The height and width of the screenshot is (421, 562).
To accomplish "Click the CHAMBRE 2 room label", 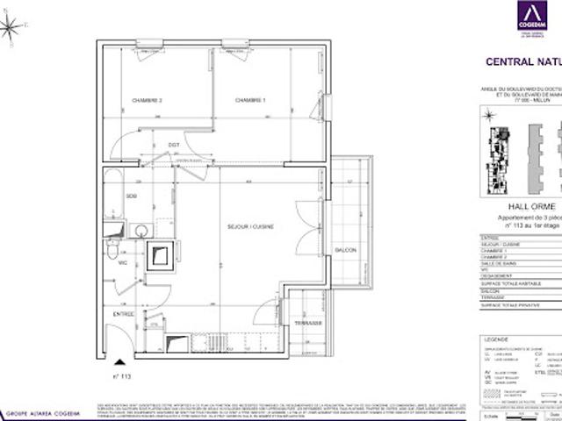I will click(x=148, y=101).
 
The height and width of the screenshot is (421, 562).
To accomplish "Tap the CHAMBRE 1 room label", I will click(x=250, y=101).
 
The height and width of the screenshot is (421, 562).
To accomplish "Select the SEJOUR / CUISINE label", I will click(x=251, y=226).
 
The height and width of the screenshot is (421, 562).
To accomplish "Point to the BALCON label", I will click(x=346, y=251).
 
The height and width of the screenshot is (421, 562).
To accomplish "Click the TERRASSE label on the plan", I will click(x=308, y=322).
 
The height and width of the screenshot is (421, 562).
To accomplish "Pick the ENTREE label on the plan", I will click(x=122, y=314).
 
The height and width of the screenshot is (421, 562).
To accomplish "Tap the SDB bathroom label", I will click(x=131, y=196).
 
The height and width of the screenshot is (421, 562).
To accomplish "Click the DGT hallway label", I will click(x=174, y=145).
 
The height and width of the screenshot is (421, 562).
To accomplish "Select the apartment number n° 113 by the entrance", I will click(x=121, y=375).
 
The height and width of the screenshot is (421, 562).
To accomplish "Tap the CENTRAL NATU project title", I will click(x=524, y=62).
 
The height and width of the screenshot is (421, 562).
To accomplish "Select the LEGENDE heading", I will click(x=497, y=337).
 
